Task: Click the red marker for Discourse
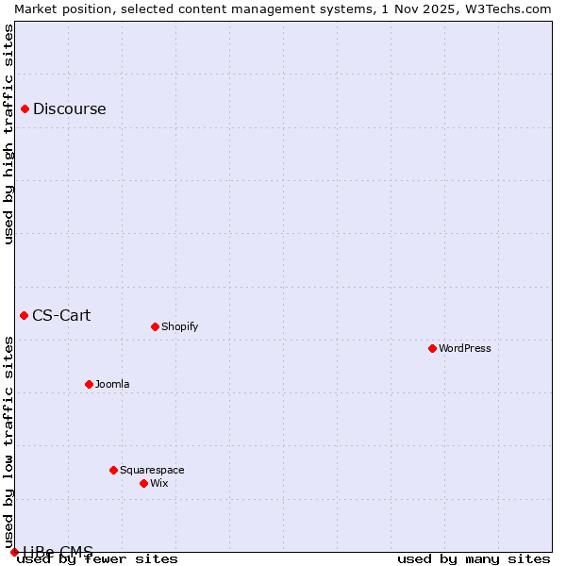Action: [x=25, y=108]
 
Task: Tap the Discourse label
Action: [x=69, y=108]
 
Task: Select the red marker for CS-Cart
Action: [x=25, y=315]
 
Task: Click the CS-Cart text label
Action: [x=61, y=315]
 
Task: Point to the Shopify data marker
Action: [x=155, y=326]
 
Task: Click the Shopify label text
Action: [x=179, y=326]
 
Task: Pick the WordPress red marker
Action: [x=432, y=348]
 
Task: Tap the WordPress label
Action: [x=464, y=348]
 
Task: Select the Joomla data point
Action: [x=89, y=384]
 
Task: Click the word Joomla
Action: [x=112, y=384]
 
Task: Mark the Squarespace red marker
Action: [x=113, y=470]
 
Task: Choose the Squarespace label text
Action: [x=152, y=470]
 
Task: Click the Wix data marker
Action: [x=143, y=483]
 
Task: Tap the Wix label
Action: [x=158, y=483]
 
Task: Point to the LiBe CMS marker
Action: [x=14, y=552]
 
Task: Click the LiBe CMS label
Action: [x=58, y=552]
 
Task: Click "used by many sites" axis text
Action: [x=474, y=558]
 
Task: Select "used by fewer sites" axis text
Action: [x=98, y=558]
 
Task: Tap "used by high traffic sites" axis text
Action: [x=8, y=134]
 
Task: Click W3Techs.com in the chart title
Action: [x=505, y=8]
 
